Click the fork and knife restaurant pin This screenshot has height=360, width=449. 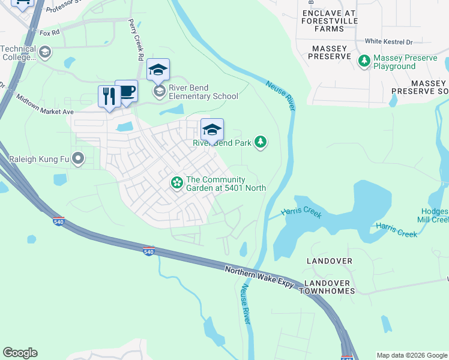tap(109, 97)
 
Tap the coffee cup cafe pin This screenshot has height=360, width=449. tap(126, 91)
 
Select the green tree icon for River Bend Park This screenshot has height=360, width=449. tap(260, 142)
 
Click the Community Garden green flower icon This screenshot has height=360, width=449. tap(177, 182)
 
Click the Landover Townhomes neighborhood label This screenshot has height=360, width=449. tap(329, 287)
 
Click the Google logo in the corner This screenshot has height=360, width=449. tap(20, 353)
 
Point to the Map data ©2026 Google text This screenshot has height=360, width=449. tap(411, 355)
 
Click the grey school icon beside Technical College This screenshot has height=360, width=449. tap(44, 53)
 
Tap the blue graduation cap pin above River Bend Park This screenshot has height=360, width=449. tap(212, 129)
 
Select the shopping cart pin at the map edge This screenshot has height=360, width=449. tap(23, 4)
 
